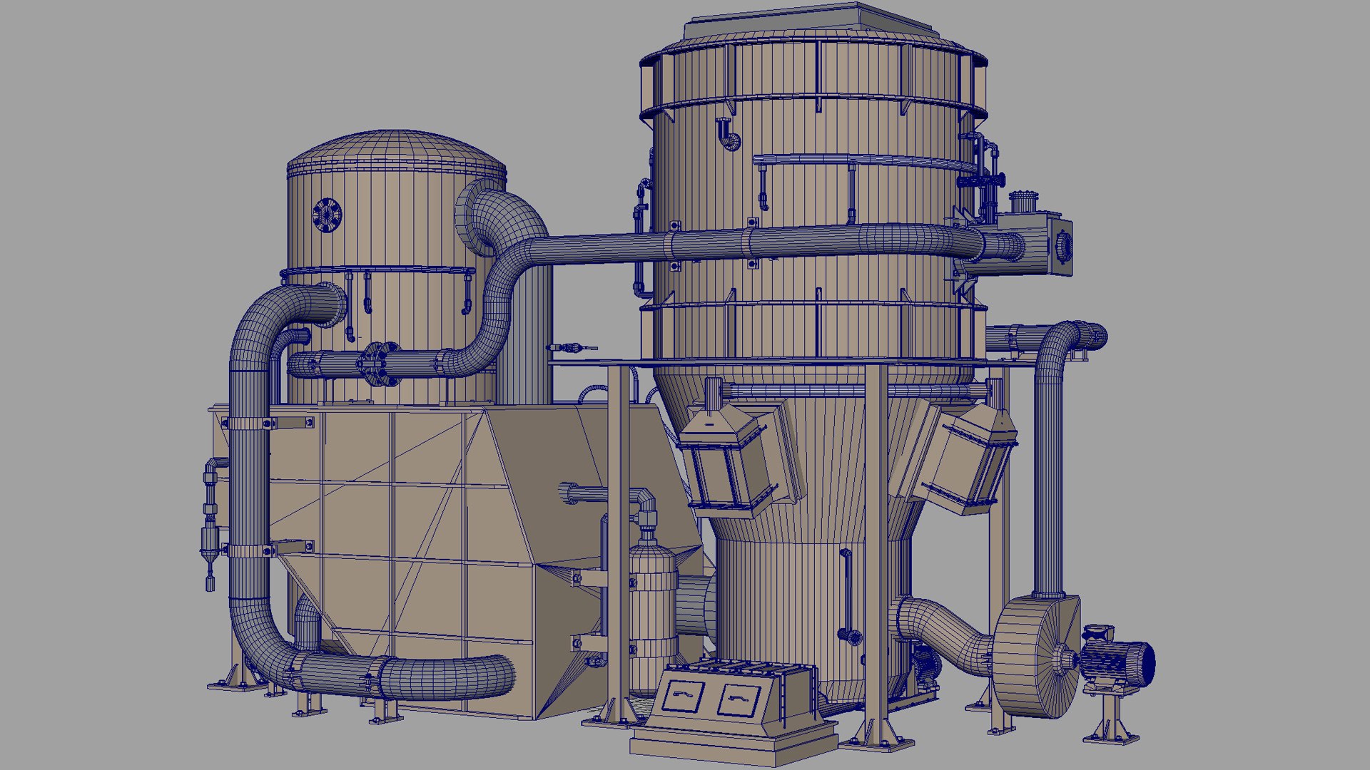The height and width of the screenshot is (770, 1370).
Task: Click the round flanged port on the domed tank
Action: point(327,215)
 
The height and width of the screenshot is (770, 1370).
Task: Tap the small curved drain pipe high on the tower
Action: point(727,135)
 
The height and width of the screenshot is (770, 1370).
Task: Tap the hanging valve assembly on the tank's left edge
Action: point(210,520)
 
